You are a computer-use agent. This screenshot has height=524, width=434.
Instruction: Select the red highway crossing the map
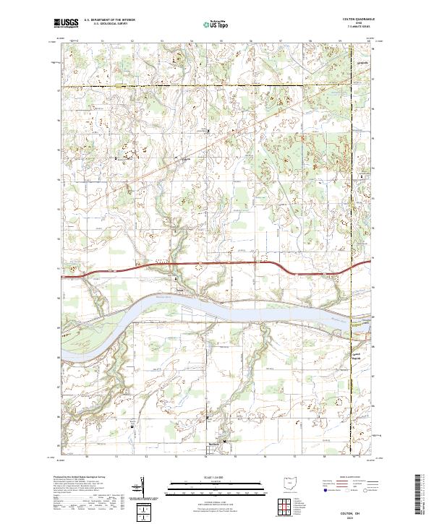pyautogui.click(x=217, y=265)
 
